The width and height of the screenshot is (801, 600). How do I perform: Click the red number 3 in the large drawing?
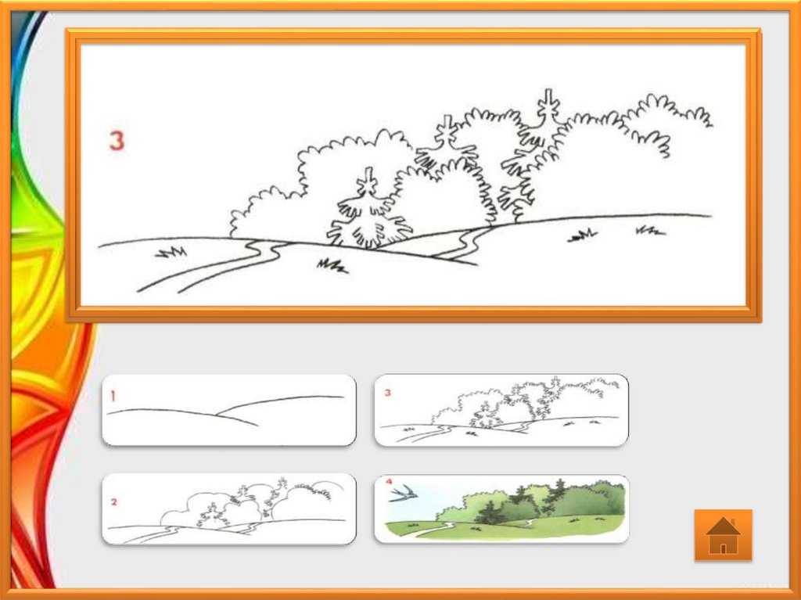(117, 141)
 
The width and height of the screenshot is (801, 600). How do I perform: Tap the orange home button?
(723, 535)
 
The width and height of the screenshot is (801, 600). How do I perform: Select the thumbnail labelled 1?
(229, 410)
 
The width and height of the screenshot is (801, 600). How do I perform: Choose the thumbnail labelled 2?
(229, 509)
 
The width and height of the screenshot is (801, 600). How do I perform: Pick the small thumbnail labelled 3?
(501, 410)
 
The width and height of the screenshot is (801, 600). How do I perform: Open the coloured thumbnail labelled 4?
(501, 509)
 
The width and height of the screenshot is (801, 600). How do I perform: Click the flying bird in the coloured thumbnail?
(404, 493)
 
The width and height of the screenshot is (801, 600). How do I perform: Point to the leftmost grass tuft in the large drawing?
(171, 252)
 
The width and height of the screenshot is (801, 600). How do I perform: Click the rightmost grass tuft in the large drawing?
(650, 231)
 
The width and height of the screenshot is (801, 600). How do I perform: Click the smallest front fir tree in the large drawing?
(369, 210)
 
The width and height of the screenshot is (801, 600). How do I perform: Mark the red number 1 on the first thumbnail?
(113, 396)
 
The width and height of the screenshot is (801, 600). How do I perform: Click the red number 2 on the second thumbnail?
(114, 502)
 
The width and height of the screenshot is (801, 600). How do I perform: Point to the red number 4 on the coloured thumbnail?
(390, 481)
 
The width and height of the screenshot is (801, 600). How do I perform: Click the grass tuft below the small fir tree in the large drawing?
(332, 266)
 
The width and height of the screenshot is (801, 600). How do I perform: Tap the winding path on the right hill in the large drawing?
(462, 243)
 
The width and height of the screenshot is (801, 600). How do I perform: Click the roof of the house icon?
(723, 526)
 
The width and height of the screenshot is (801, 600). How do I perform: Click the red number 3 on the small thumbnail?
(388, 393)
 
